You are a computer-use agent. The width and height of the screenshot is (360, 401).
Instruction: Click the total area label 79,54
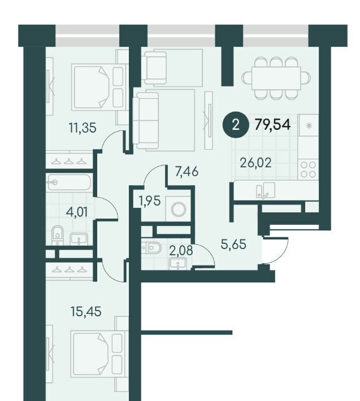coord(272,125)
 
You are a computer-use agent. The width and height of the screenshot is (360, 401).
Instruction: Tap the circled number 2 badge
coord(235,125)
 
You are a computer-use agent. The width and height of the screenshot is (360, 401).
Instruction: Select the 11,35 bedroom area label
coord(83,128)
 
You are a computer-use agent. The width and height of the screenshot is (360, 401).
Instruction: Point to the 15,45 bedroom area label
coord(86,312)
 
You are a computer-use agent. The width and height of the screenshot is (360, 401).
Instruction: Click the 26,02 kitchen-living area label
coord(255,163)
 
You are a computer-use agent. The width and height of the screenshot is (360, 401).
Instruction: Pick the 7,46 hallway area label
coord(186,171)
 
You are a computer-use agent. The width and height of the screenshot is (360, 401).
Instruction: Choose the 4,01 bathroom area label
coord(76,212)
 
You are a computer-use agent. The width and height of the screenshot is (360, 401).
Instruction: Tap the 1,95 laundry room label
coord(150,200)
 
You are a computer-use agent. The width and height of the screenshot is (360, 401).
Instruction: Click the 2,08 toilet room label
coord(181,251)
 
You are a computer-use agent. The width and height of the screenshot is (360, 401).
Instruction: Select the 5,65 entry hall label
coord(233,245)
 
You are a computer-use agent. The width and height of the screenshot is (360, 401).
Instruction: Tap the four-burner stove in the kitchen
coord(308,169)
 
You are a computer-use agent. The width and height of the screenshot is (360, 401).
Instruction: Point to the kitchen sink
coord(265,190)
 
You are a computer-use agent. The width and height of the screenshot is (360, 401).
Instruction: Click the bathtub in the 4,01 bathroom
coord(69,182)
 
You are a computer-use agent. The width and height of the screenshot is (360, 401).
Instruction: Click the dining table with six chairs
coord(276,78)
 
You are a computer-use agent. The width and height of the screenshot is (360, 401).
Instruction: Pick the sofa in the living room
coord(148,120)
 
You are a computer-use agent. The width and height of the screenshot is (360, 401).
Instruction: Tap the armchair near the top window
coord(155,68)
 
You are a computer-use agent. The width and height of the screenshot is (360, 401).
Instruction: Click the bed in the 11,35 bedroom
coord(99,87)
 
